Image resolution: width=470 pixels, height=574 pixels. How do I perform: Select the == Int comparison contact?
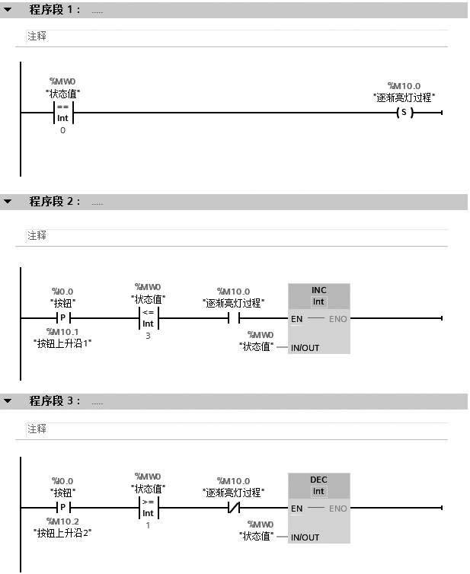62,113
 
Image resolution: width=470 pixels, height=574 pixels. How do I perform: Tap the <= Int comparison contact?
148,318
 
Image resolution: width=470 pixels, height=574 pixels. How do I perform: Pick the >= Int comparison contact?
148,508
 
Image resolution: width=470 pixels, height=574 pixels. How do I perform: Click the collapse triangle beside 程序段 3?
8,400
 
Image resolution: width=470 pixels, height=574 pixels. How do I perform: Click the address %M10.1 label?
62,331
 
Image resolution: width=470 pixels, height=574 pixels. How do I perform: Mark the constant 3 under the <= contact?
148,336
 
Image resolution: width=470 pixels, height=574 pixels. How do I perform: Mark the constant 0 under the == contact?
62,130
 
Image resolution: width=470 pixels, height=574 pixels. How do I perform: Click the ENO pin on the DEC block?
337,509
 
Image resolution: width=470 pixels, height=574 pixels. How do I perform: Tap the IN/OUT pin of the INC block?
305,348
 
